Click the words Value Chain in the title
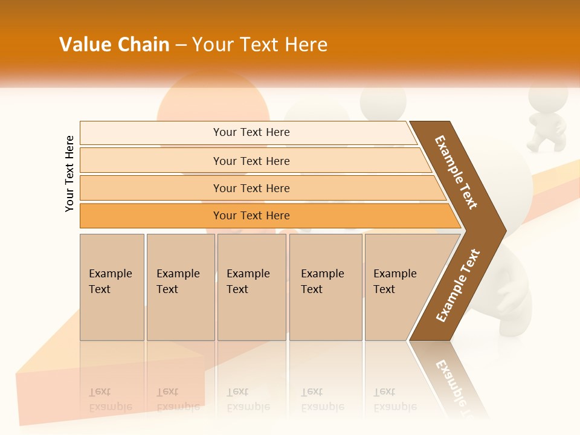click(x=114, y=45)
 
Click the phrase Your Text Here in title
click(x=260, y=45)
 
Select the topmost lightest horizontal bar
click(x=251, y=132)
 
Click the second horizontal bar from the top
click(x=251, y=161)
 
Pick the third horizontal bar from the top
click(x=251, y=188)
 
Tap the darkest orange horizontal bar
click(x=251, y=216)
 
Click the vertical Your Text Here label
click(x=69, y=173)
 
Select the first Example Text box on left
click(x=112, y=287)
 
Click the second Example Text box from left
click(x=181, y=287)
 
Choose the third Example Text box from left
click(x=251, y=287)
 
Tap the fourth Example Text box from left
click(x=326, y=287)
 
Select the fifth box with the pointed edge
click(x=399, y=287)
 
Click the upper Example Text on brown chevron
click(x=456, y=172)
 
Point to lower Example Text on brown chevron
click(x=458, y=286)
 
